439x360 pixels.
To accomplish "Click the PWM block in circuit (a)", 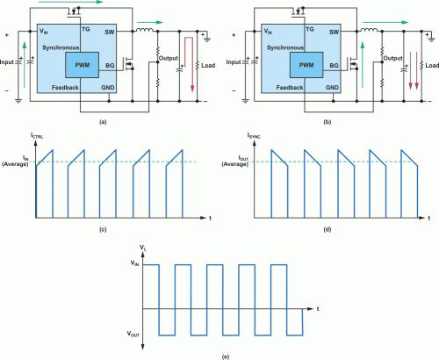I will (83, 65).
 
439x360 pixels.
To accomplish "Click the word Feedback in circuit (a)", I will (54, 90).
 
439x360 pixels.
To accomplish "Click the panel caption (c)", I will (103, 229).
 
